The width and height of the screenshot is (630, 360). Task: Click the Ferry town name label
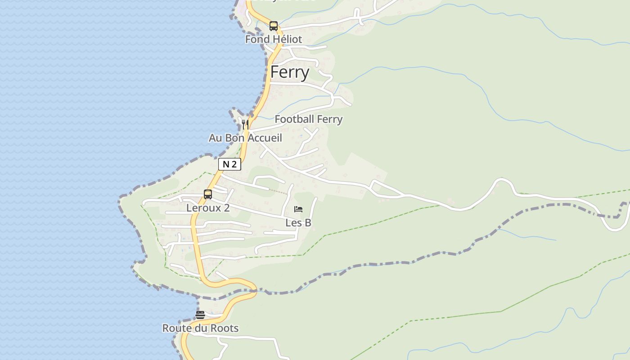(290, 72)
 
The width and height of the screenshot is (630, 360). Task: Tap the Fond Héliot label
(274, 39)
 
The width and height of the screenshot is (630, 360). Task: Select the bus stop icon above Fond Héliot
(274, 26)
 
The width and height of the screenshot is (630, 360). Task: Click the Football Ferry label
(309, 119)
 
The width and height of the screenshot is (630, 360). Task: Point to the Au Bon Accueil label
(245, 138)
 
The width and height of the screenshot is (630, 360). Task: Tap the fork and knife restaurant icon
(245, 124)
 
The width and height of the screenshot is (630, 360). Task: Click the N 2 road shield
(229, 164)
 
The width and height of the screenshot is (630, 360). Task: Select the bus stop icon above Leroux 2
(208, 194)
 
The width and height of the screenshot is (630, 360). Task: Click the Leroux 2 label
(208, 208)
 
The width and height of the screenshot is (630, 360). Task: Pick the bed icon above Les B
(298, 209)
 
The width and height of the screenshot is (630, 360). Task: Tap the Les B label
(298, 223)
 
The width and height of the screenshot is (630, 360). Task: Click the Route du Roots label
(200, 328)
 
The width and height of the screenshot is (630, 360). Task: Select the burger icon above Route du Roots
(200, 315)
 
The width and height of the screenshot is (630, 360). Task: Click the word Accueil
(265, 138)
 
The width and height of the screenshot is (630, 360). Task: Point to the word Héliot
(287, 39)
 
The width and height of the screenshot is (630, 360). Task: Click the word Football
(292, 119)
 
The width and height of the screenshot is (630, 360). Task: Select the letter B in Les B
(308, 223)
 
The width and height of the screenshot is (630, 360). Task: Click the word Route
(177, 328)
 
